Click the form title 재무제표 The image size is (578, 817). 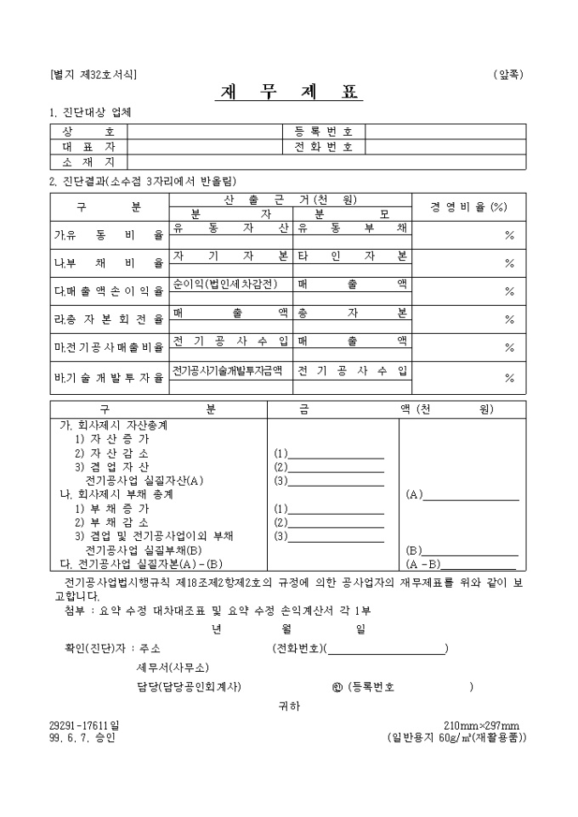click(x=288, y=93)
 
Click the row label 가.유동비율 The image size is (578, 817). click(x=109, y=235)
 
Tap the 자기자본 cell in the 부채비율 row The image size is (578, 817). click(x=230, y=256)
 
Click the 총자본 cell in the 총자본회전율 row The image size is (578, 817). click(x=352, y=313)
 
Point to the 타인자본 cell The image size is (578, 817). click(x=352, y=256)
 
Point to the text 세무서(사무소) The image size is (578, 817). click(x=173, y=668)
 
